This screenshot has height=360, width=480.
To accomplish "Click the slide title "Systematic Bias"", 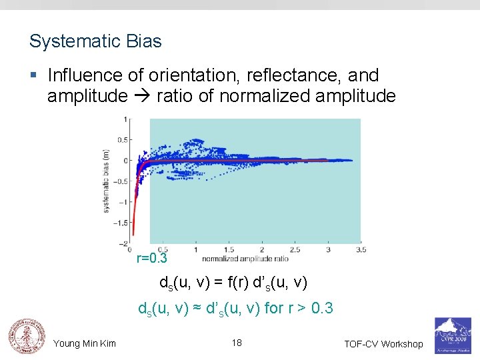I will click(95, 41).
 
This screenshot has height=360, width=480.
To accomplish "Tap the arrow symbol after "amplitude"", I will click(142, 97).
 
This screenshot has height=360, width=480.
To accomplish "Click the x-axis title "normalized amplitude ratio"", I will click(246, 258).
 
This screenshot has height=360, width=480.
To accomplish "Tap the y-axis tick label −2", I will click(123, 243).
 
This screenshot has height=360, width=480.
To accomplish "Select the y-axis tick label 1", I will click(126, 119).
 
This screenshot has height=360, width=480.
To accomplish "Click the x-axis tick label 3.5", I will click(361, 250).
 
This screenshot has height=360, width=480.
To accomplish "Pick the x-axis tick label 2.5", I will click(295, 250).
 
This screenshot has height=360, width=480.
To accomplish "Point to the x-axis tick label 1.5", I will click(229, 250).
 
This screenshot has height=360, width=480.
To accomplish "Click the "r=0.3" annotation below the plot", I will click(151, 259).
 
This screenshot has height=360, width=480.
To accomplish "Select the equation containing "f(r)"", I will click(233, 283).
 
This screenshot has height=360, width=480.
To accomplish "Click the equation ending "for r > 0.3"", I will click(235, 309).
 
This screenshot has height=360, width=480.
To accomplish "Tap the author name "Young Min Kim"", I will click(85, 343).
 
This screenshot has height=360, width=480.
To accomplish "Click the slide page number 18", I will click(237, 343).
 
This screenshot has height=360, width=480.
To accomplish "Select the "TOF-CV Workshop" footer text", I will click(383, 344).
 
